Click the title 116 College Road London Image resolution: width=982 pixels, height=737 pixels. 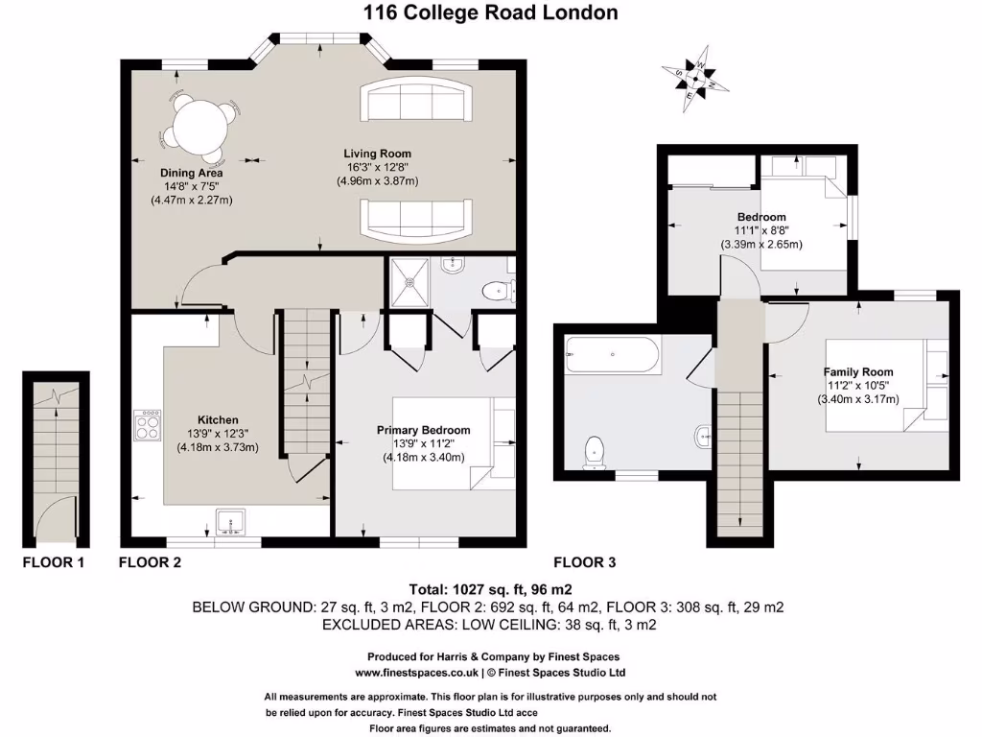click(490, 12)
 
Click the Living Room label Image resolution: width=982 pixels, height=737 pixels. click(378, 153)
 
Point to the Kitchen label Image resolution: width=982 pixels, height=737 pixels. click(218, 419)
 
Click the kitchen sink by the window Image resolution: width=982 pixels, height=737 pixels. click(230, 520)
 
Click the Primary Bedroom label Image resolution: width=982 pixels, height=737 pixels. click(423, 430)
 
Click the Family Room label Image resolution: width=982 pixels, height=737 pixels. click(858, 371)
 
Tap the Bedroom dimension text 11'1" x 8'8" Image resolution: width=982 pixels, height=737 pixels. click(761, 230)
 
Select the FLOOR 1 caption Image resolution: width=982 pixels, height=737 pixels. click(54, 562)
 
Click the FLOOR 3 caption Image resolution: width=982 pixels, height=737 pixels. click(585, 562)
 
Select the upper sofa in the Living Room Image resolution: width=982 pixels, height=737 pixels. click(416, 99)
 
